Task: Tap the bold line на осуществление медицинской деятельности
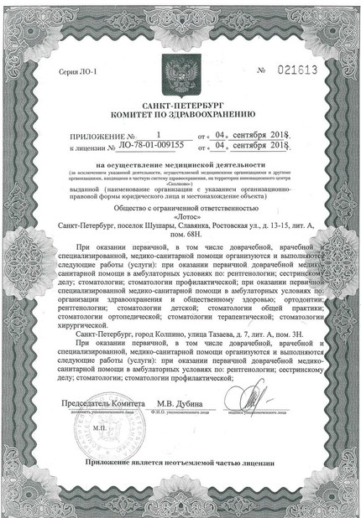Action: coord(180,166)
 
